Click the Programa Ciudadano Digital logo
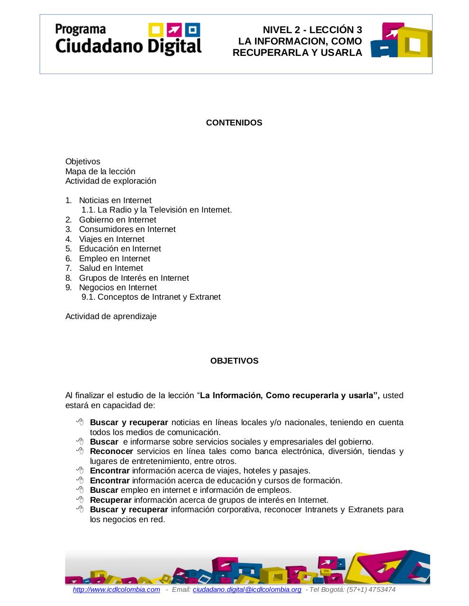[128, 39]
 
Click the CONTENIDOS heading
[234, 123]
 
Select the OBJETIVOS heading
[234, 361]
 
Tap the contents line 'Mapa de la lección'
[100, 171]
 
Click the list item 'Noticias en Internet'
[115, 200]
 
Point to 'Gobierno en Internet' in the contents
[117, 220]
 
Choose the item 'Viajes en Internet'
[111, 239]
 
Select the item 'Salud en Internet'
[111, 268]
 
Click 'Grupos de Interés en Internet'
[134, 278]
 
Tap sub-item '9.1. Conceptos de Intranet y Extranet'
[151, 297]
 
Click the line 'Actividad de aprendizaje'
[111, 316]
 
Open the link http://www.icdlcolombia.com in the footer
[117, 589]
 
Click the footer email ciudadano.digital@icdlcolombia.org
[247, 589]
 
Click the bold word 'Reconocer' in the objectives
[111, 451]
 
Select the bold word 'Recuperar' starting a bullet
[111, 500]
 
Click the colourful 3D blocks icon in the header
[401, 40]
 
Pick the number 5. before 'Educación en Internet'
[69, 249]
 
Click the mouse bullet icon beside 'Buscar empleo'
[80, 490]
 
